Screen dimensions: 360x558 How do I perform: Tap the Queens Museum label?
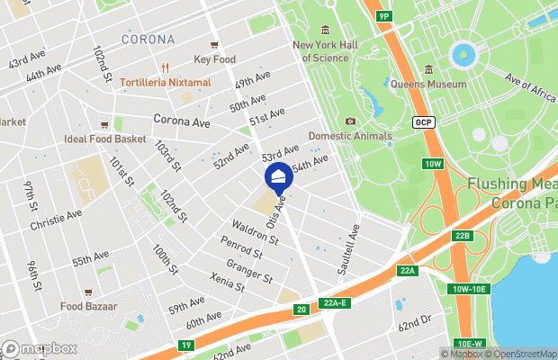click(427, 84)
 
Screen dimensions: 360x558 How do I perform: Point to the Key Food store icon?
click(214, 45)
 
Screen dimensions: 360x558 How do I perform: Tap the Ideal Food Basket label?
click(104, 139)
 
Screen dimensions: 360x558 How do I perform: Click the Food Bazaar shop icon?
click(87, 292)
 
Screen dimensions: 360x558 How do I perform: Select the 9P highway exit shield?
click(384, 16)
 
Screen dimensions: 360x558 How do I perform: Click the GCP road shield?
click(424, 121)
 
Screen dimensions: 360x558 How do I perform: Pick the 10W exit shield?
click(434, 163)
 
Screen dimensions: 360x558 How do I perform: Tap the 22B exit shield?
click(462, 236)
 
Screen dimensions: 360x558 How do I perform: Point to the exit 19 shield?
click(186, 345)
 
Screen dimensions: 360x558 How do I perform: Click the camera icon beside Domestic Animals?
click(350, 121)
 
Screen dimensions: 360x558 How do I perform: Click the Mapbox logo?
click(40, 348)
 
